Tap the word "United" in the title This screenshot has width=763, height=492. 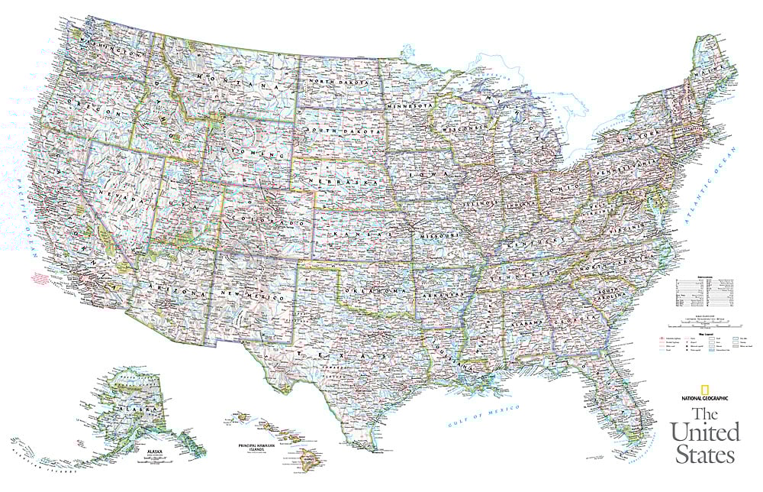point(705,432)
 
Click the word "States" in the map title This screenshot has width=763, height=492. point(703,455)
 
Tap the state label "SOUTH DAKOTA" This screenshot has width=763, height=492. point(341,132)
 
